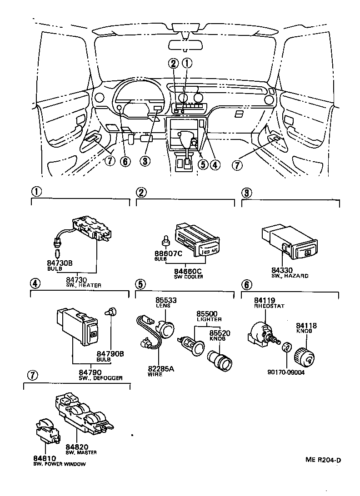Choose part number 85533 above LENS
point(166,301)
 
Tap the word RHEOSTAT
point(270,306)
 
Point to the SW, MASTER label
point(81,452)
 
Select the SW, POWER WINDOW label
point(59,464)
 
